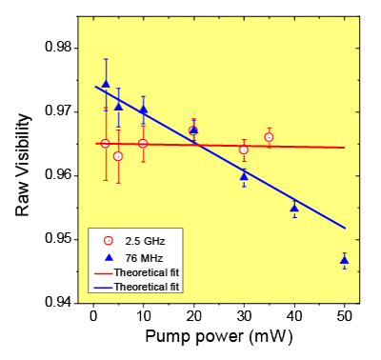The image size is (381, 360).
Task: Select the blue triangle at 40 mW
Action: (x=294, y=208)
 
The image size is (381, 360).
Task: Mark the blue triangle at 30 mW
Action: (x=244, y=175)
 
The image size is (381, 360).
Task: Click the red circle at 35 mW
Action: (x=269, y=137)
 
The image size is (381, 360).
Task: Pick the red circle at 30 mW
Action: (x=244, y=150)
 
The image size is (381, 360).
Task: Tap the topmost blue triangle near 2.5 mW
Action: (x=106, y=84)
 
